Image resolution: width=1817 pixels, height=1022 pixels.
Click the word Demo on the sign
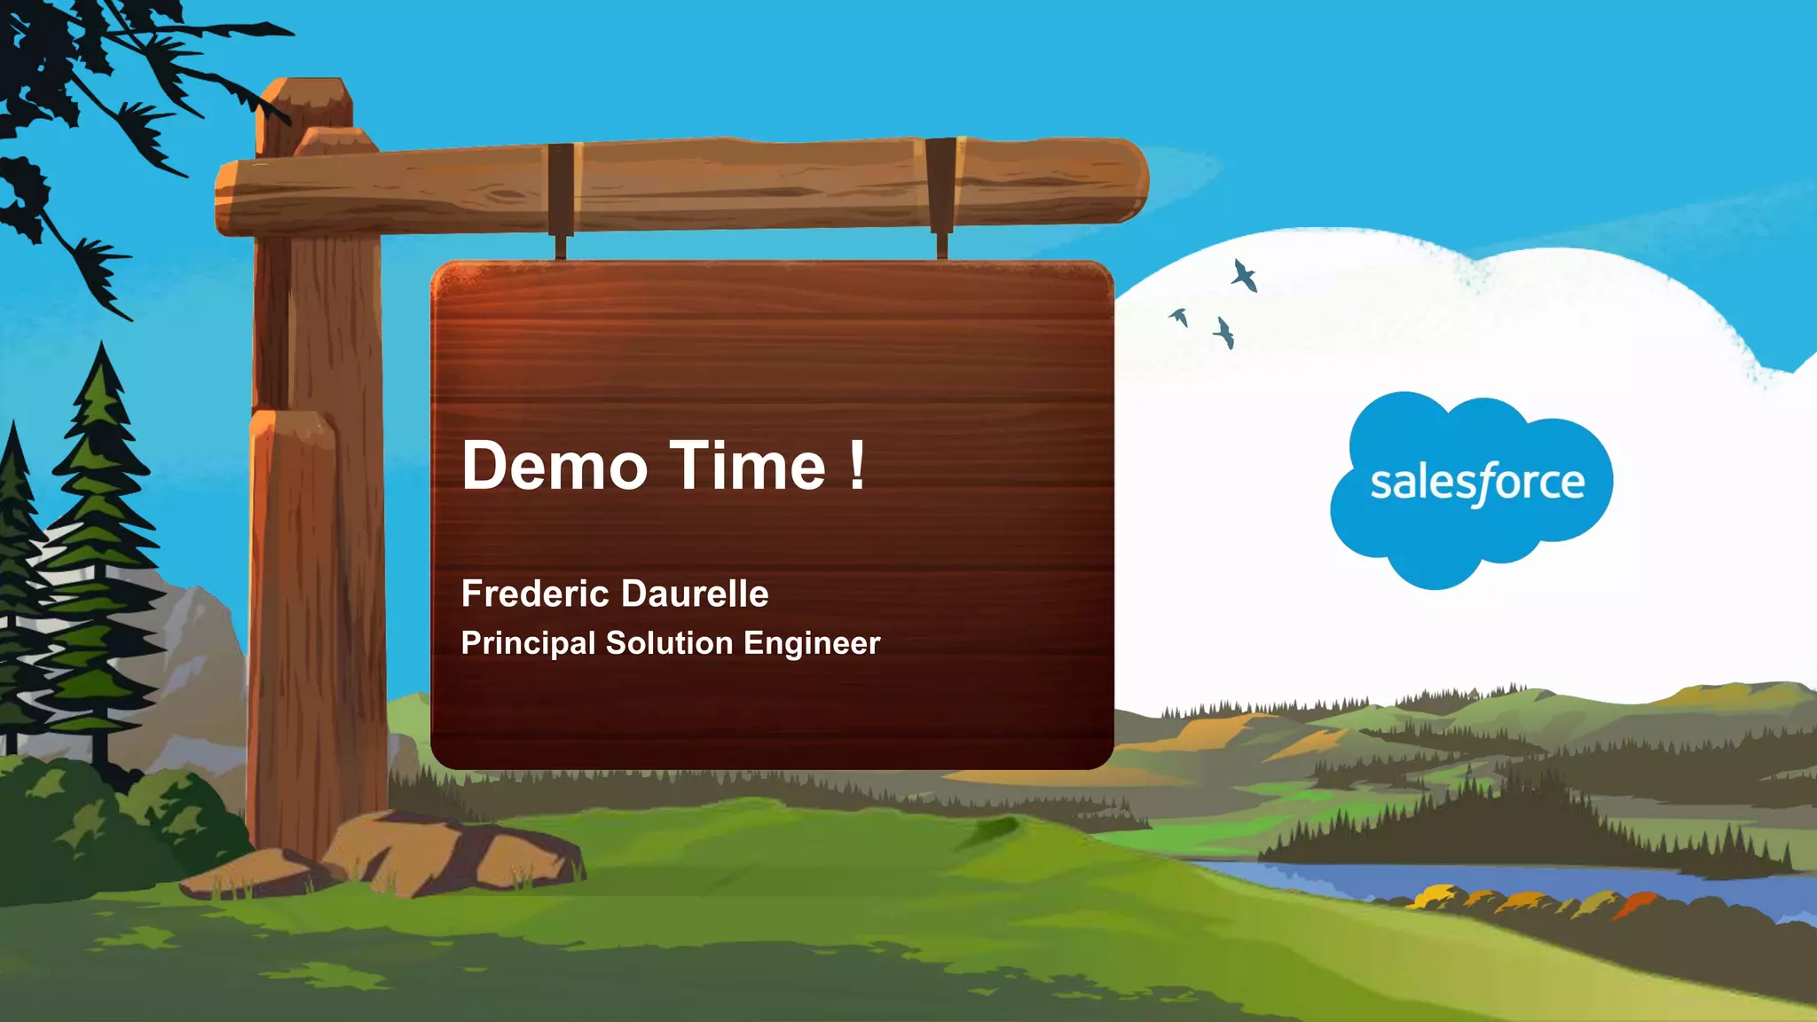pos(555,467)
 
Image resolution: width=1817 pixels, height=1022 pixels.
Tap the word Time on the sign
pos(747,467)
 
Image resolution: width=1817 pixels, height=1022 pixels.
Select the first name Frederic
pos(534,594)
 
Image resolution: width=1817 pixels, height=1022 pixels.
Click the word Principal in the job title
pos(528,643)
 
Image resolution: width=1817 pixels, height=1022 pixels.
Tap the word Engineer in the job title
pos(812,643)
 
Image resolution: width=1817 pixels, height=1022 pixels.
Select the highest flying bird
pos(1244,275)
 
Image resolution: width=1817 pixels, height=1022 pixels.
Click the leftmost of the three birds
pos(1180,317)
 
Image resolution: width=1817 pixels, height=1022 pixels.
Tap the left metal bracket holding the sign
pos(561,195)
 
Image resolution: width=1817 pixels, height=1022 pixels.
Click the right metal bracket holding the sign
pos(941,191)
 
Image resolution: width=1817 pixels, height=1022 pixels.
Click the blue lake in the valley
pos(1508,883)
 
